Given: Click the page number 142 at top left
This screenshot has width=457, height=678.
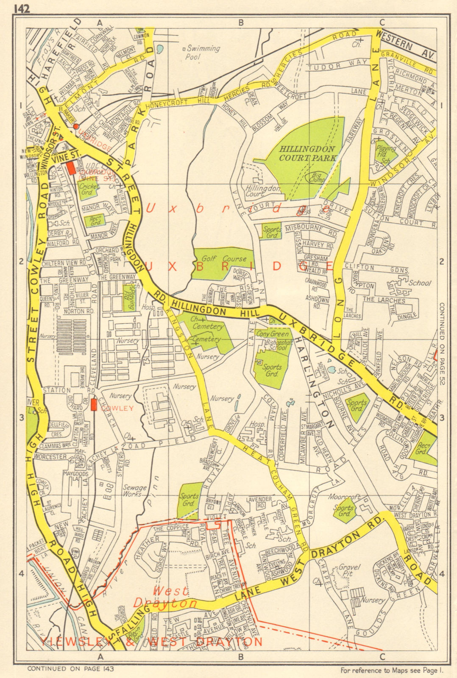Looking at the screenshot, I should (22, 9).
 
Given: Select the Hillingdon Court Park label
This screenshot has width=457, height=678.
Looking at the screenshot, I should (307, 153).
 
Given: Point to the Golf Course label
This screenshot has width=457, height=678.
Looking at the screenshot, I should (224, 258).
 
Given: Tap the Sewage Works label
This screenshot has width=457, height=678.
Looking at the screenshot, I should (134, 491).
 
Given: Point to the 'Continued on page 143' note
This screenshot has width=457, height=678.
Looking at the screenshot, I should (71, 669).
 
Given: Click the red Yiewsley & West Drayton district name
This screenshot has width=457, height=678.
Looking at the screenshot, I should (153, 642).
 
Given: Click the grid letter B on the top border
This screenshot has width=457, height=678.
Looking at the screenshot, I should (240, 23).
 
